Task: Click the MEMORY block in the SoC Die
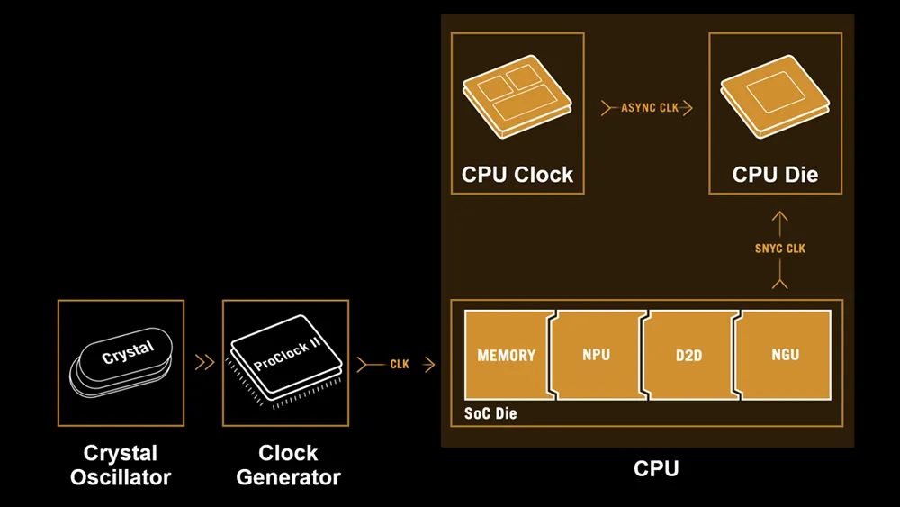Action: pos(507,355)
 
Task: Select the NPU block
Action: pos(596,355)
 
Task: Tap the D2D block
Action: pos(688,355)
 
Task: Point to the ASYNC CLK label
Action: pos(650,108)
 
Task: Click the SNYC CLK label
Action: pos(780,249)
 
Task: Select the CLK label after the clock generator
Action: pos(399,364)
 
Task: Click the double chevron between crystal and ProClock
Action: pos(204,363)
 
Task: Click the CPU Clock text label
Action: pos(517,174)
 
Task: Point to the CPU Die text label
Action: pos(775,174)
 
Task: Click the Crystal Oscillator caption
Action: pos(121,465)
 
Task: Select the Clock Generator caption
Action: pos(288,465)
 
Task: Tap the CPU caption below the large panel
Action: pos(655,468)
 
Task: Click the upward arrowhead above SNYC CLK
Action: pos(780,219)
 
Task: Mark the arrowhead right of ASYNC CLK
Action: pos(687,108)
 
